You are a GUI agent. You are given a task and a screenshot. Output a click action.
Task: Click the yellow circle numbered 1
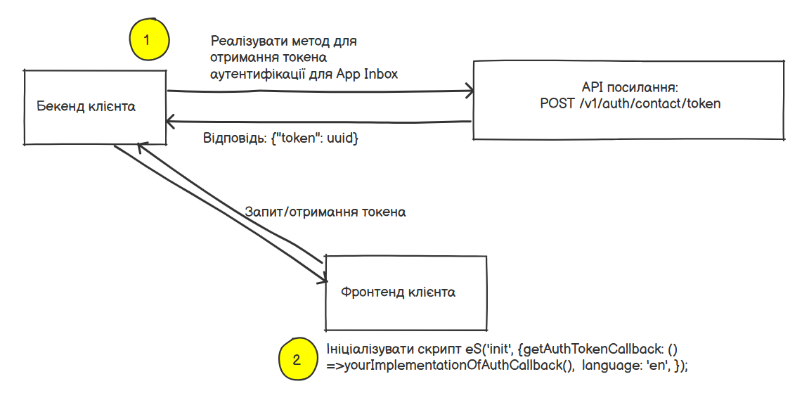[147, 40]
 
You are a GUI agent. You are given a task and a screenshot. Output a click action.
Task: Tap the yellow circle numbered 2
[297, 360]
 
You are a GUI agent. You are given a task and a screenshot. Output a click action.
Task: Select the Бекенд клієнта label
[86, 107]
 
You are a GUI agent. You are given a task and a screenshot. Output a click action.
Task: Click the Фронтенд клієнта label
[398, 292]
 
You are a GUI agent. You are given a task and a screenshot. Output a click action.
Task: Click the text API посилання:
[629, 88]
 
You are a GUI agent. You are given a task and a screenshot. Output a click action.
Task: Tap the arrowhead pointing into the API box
[469, 91]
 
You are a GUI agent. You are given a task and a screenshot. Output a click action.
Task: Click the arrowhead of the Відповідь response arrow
[170, 122]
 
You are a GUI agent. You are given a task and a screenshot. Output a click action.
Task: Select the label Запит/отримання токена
[325, 212]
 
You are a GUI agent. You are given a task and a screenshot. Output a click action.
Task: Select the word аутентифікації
[258, 73]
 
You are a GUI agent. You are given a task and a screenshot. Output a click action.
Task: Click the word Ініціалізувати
[363, 349]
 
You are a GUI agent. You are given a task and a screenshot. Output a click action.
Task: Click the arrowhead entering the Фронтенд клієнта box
[323, 280]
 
